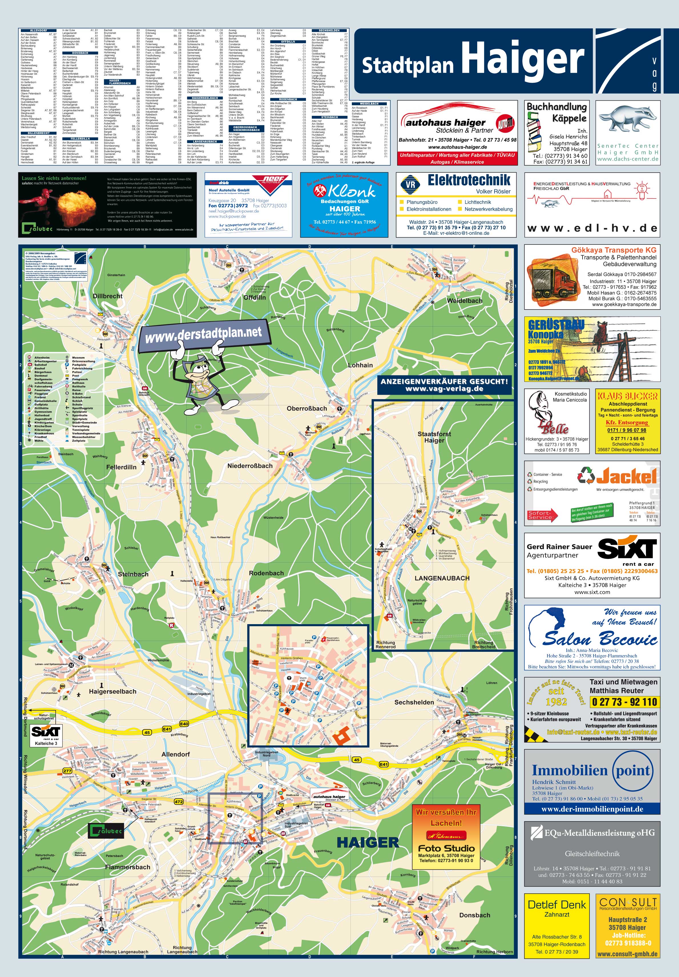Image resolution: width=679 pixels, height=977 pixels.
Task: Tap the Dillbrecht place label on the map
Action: click(x=108, y=296)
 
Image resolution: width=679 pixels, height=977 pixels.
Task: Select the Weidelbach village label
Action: click(x=465, y=301)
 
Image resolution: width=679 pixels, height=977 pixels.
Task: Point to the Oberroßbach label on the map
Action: click(x=307, y=408)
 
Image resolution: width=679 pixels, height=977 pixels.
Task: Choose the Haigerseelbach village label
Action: click(x=112, y=691)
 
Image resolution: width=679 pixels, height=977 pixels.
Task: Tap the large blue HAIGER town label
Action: click(x=368, y=842)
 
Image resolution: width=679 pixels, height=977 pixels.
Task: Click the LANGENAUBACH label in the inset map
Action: click(x=442, y=578)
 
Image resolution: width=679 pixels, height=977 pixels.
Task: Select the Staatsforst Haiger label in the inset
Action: click(x=434, y=437)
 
